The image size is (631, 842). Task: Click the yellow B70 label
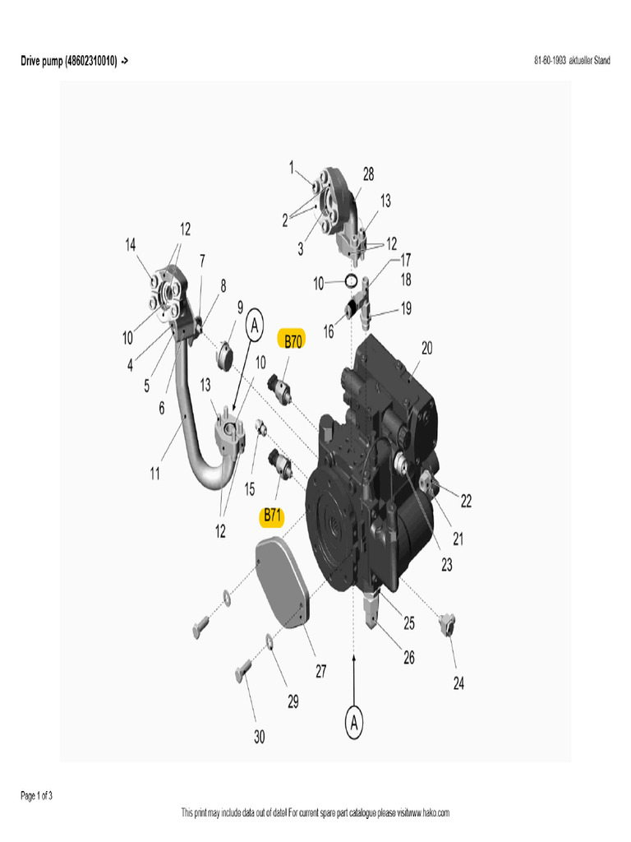coord(293,341)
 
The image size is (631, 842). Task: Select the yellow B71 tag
coord(272,516)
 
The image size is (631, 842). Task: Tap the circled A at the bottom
coord(354,723)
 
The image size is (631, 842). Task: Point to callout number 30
coord(259,738)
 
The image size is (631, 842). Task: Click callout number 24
coord(458,683)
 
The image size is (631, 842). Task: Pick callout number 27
coord(320,672)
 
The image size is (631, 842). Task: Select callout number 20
coord(427,348)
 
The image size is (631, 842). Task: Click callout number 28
coord(368,174)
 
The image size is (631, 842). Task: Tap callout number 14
coord(130,244)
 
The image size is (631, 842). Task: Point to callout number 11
coord(155,474)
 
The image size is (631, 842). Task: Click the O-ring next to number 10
coord(351,281)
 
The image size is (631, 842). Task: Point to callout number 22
coord(466,500)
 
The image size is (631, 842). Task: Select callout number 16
coord(329,332)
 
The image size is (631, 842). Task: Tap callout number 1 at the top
coord(291,167)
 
